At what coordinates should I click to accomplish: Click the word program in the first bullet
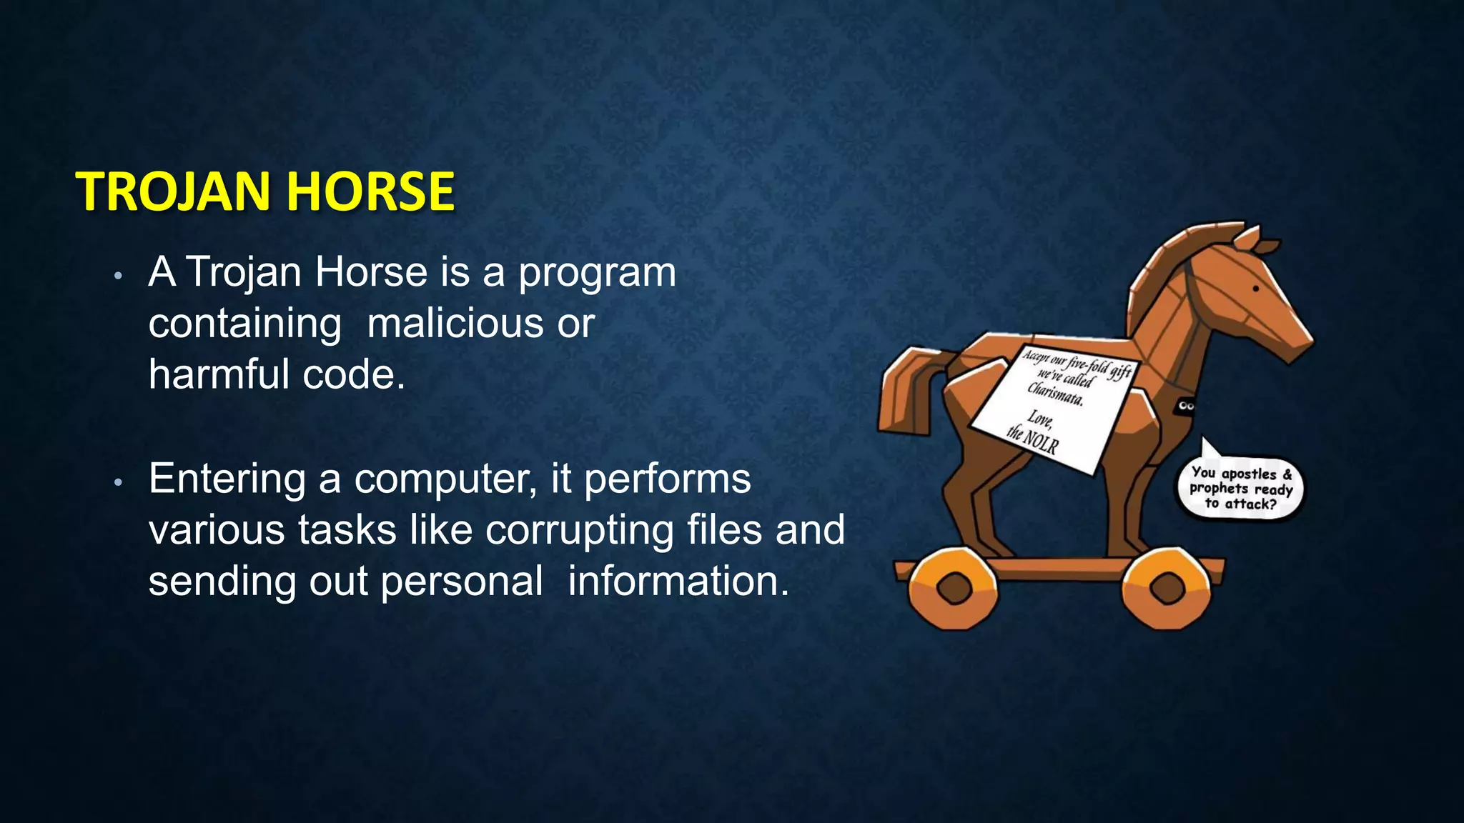point(597,274)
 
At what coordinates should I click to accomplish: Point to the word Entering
point(227,479)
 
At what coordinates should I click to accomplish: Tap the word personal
point(462,582)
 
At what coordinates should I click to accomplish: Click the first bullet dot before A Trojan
point(119,276)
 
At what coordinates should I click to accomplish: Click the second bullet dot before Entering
point(119,483)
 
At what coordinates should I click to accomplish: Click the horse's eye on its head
point(1256,289)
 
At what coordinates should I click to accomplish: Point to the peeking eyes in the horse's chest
point(1186,406)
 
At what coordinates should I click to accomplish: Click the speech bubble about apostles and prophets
point(1241,489)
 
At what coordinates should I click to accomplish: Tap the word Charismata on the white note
point(1055,394)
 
